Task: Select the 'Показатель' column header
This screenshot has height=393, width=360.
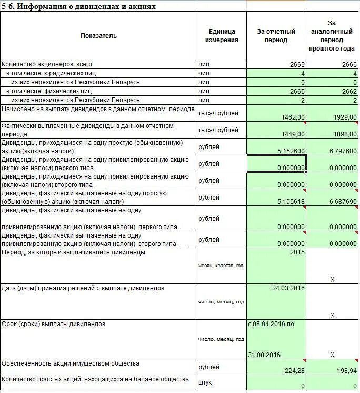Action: click(x=99, y=36)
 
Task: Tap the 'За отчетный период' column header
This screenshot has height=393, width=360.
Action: click(x=276, y=36)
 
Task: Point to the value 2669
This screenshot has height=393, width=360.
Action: click(x=297, y=65)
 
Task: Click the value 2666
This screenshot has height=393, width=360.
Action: click(x=349, y=65)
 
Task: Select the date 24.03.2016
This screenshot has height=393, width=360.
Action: click(x=288, y=289)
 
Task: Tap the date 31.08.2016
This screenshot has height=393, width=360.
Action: click(x=264, y=355)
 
